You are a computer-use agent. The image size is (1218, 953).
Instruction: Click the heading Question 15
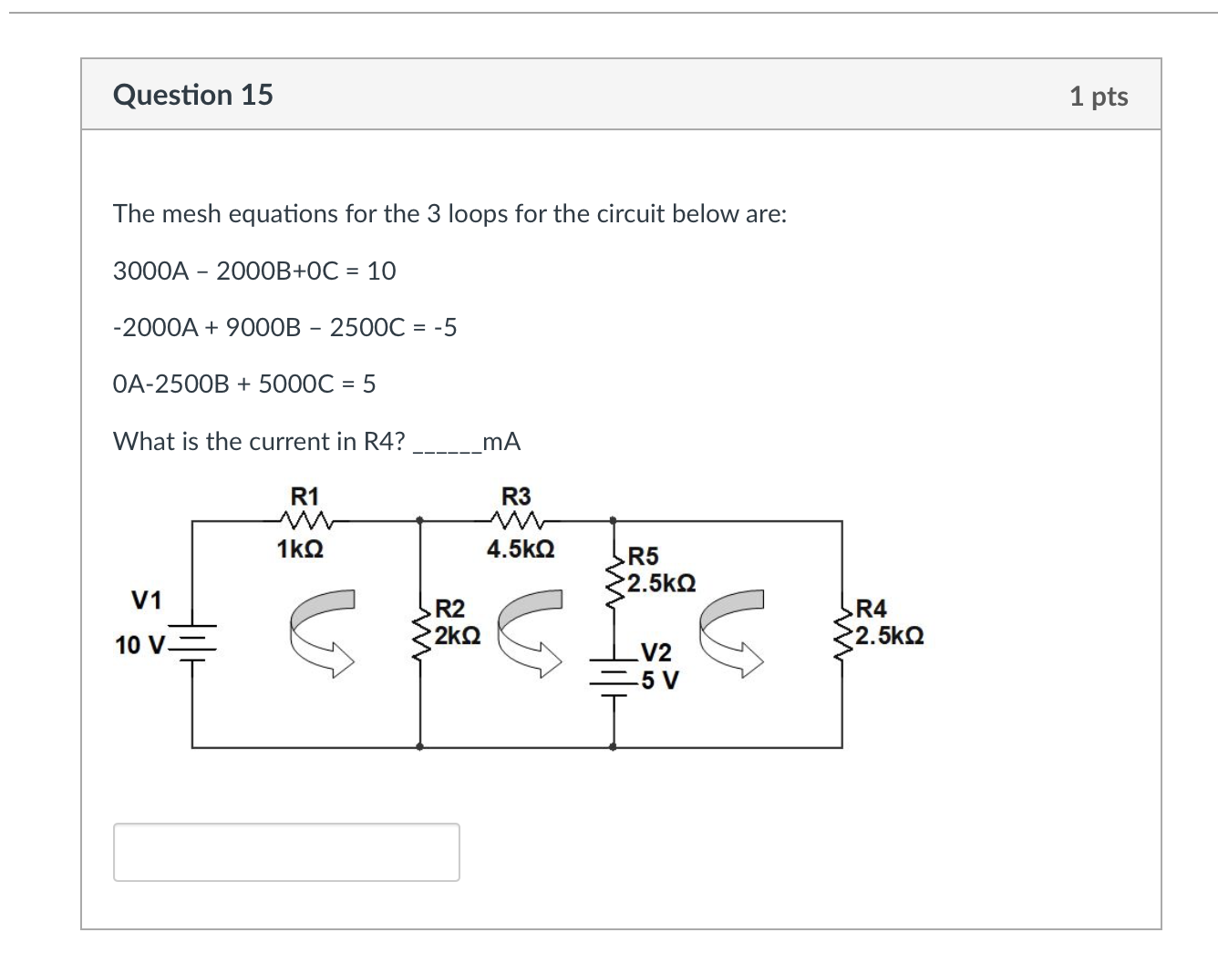(x=192, y=95)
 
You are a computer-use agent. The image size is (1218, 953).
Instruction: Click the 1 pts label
(x=1099, y=96)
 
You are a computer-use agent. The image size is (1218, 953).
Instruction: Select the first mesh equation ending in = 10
(x=254, y=271)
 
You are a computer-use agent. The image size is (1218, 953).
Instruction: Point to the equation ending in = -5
(x=284, y=327)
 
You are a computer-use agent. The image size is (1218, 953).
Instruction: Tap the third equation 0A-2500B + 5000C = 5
(x=244, y=384)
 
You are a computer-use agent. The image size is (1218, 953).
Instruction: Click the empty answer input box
(x=286, y=852)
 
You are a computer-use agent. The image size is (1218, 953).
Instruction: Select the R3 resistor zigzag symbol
(x=517, y=521)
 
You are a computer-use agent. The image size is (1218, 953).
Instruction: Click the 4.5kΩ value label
(x=521, y=549)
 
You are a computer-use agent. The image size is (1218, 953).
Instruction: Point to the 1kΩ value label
(x=299, y=549)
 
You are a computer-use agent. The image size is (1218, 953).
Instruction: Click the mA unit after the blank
(x=501, y=442)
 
